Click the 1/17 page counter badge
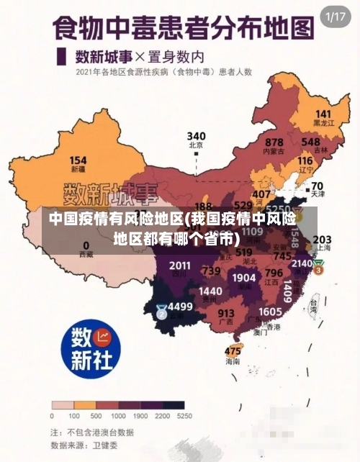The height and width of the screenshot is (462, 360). point(336,17)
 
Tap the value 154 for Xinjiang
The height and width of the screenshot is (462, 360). point(78,160)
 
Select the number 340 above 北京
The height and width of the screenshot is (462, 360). point(196,136)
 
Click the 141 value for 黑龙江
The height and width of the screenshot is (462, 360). point(323,114)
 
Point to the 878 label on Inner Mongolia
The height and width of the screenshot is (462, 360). point(274,142)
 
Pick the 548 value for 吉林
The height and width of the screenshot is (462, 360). point(330,142)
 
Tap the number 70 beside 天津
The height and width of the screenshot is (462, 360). point(317,186)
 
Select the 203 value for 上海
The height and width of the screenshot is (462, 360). point(323,239)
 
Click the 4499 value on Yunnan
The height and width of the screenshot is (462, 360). point(180,306)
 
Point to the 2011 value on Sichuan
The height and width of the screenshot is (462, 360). point(180,266)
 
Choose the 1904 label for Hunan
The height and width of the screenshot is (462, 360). point(244,277)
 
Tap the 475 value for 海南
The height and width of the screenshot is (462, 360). point(233,351)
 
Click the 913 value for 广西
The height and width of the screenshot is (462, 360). point(226,313)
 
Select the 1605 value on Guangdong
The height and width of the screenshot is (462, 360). point(270,311)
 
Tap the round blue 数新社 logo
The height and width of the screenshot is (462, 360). point(91,346)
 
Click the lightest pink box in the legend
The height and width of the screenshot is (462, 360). point(62,404)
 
